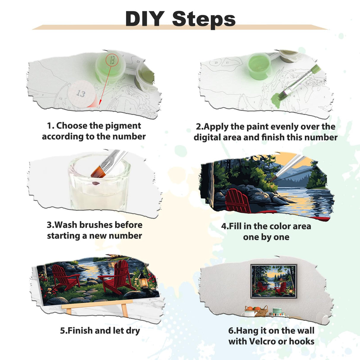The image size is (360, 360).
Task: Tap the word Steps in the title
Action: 204,20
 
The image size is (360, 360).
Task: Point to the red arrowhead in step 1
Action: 100,102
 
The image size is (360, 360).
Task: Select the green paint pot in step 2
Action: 259,66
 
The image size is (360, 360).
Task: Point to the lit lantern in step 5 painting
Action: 143,280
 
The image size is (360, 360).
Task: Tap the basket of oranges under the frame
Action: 257,311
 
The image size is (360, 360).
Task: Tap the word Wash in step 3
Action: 64,225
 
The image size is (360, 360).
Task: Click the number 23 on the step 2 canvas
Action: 216,63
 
